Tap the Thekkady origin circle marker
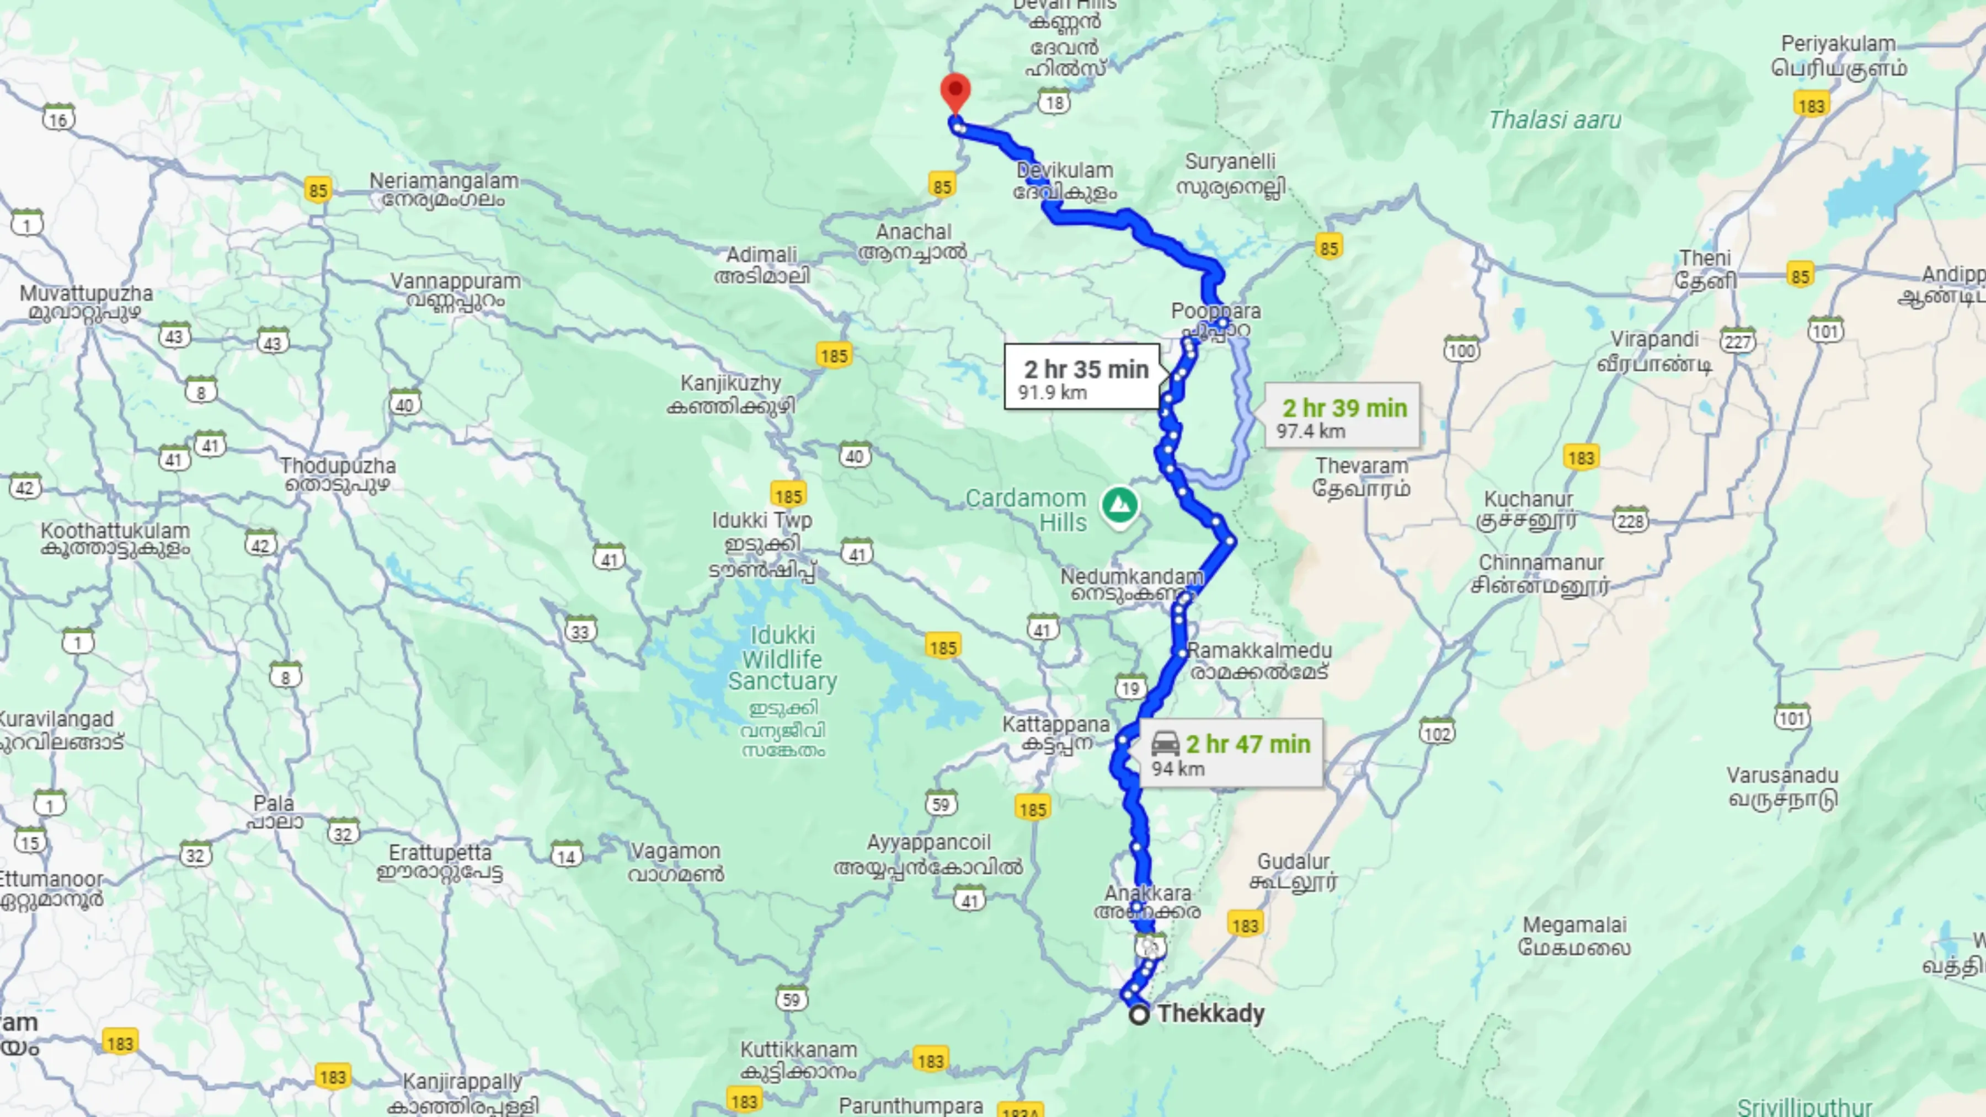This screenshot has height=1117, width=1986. (1139, 1014)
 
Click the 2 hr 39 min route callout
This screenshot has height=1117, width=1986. (1342, 416)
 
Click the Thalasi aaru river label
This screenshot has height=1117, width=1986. (1554, 120)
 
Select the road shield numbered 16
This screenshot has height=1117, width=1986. (58, 119)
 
